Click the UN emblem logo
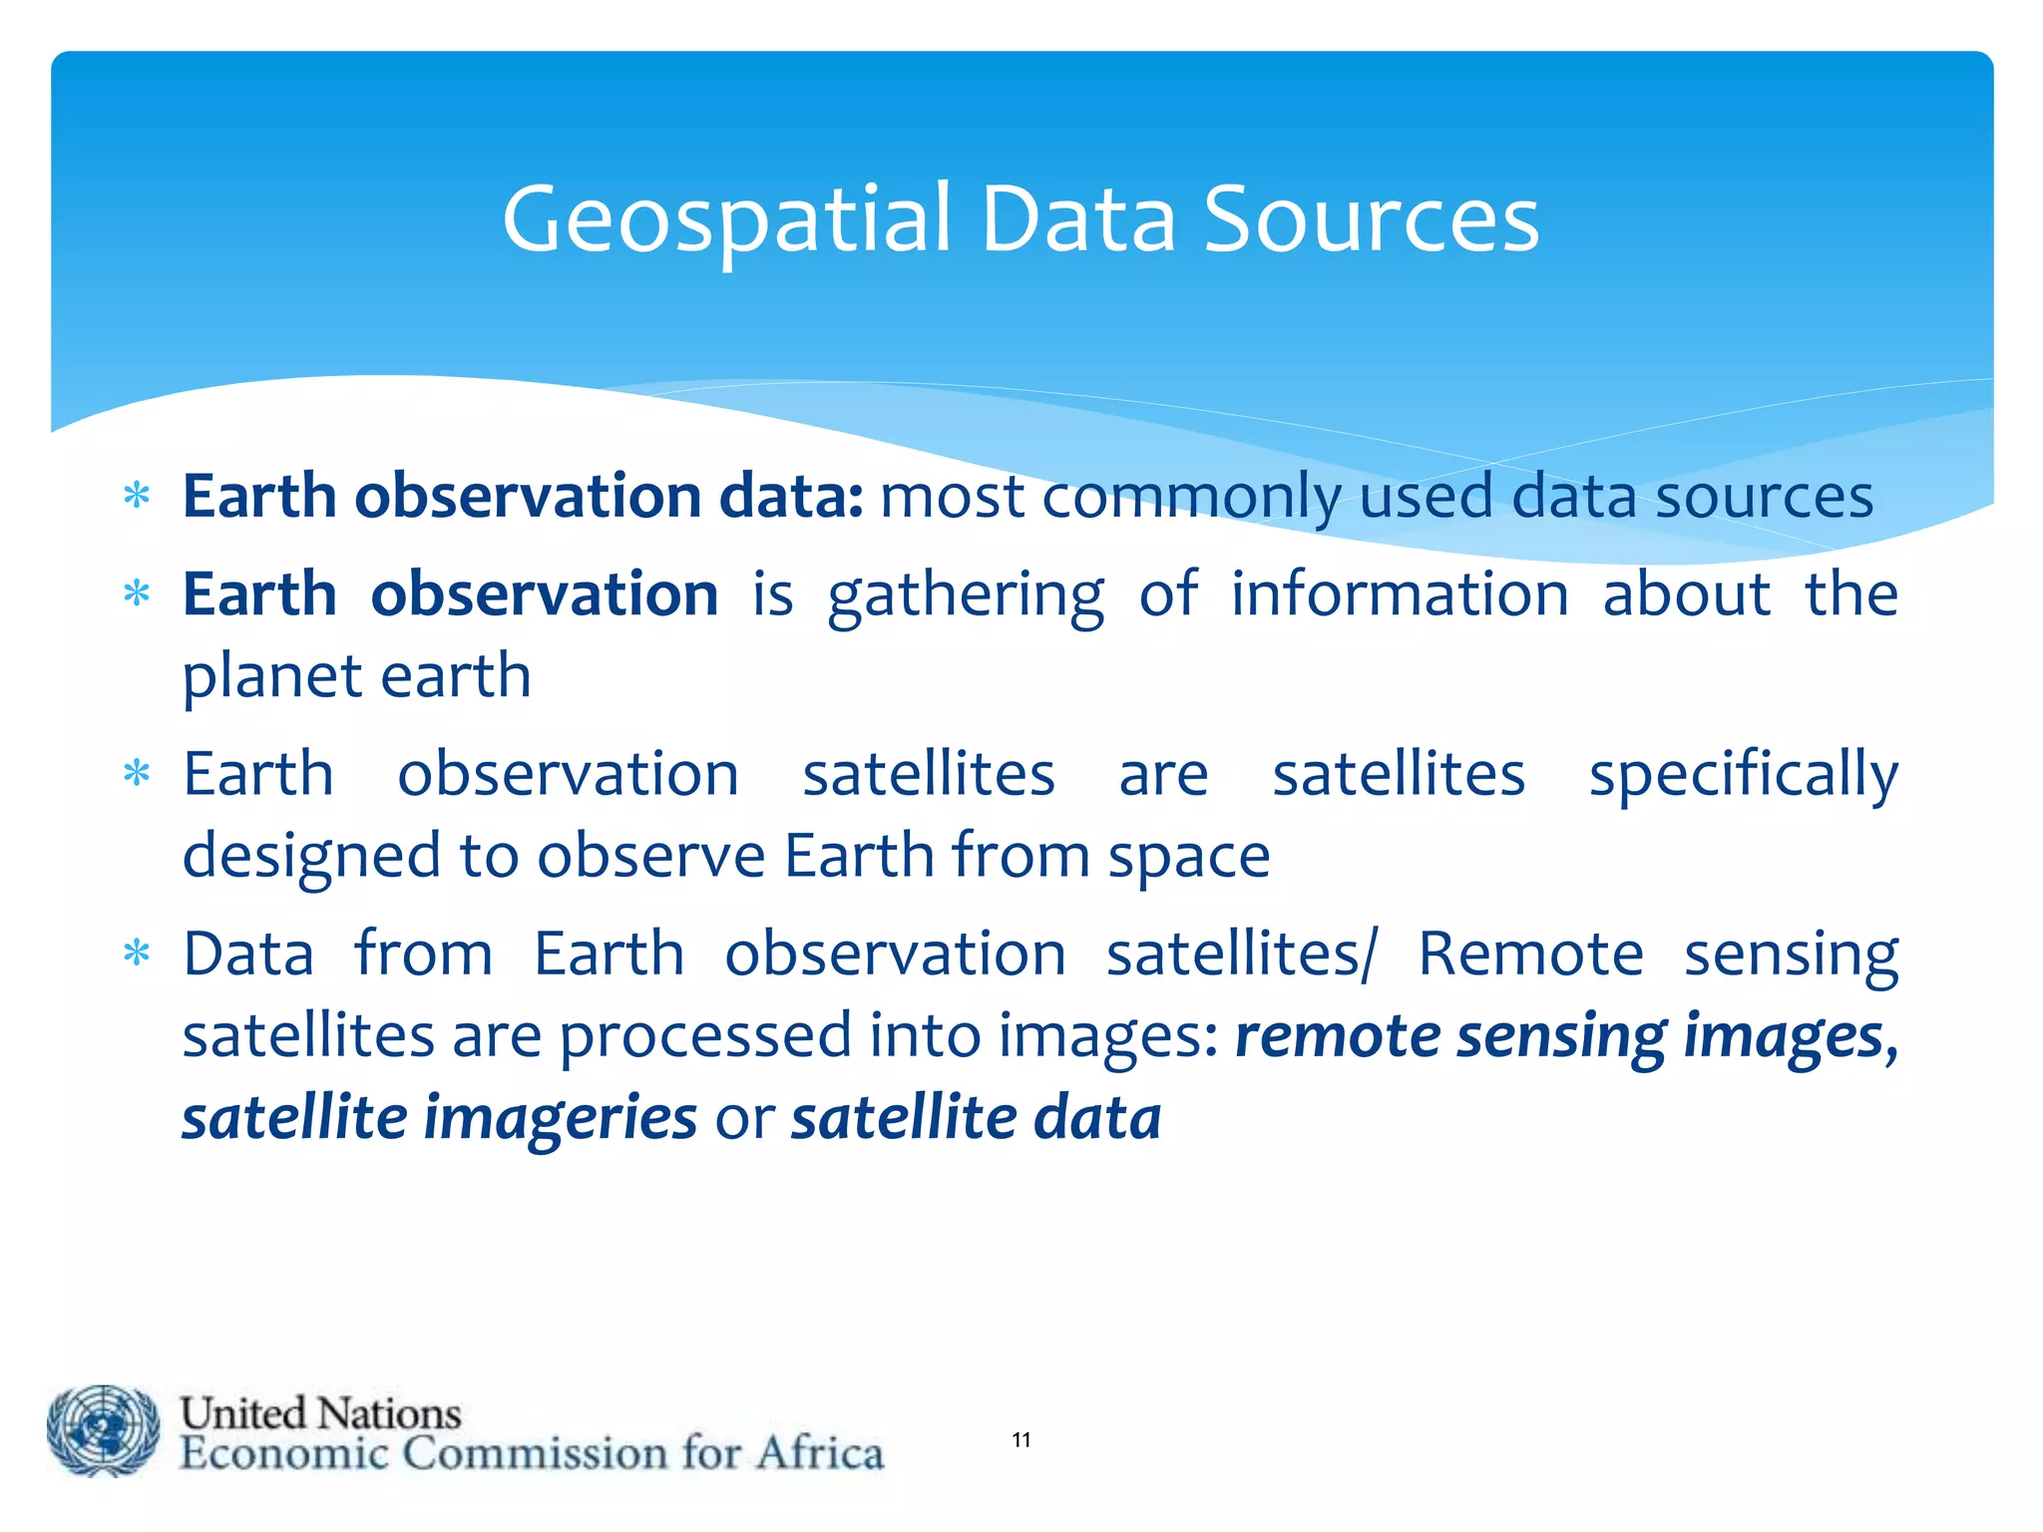[103, 1430]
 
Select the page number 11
[1021, 1439]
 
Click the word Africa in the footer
[819, 1453]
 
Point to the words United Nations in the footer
[320, 1413]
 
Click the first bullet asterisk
[137, 496]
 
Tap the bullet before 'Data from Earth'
[137, 955]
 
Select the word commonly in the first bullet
[1192, 497]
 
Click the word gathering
[966, 595]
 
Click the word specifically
[1743, 775]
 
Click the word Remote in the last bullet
[1529, 955]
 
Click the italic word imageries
[560, 1117]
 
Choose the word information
[1399, 595]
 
